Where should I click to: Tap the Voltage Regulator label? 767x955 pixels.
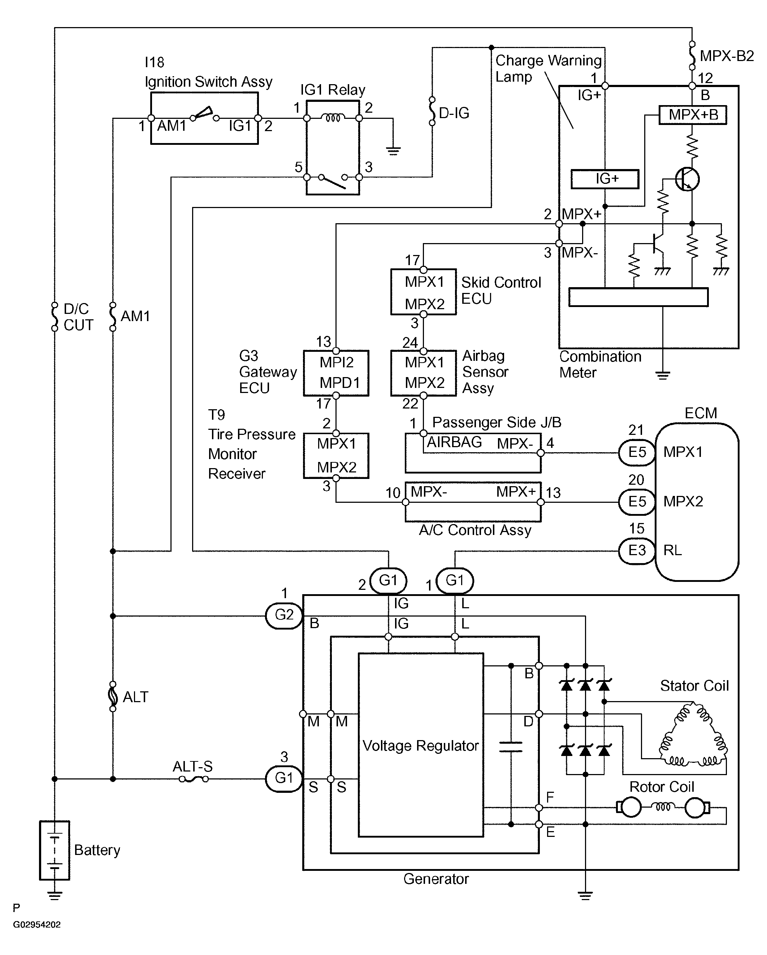point(420,746)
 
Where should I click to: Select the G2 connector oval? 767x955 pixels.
point(284,615)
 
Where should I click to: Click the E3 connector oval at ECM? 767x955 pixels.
point(637,550)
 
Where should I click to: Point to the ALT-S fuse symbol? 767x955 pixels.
point(194,779)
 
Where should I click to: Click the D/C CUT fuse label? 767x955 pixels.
point(78,317)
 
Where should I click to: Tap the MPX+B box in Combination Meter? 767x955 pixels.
point(693,115)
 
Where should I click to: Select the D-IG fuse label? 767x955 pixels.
point(454,113)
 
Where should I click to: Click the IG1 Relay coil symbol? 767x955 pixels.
point(333,118)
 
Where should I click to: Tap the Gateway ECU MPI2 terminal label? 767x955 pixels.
point(337,362)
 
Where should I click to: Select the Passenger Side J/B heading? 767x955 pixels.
point(497,422)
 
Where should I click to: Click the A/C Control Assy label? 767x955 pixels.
point(475,530)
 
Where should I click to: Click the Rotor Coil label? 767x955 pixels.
point(662,787)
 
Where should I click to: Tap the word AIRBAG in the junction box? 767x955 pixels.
point(454,442)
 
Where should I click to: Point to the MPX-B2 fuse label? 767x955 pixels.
point(727,56)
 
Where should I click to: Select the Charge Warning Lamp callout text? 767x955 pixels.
point(548,68)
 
